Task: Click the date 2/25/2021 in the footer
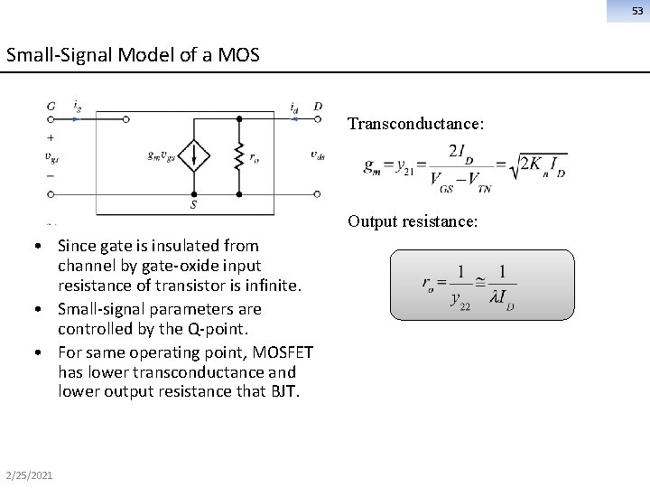tap(27, 474)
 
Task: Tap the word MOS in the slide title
tap(241, 54)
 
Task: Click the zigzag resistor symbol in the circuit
tap(238, 155)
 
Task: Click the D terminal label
tap(318, 107)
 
